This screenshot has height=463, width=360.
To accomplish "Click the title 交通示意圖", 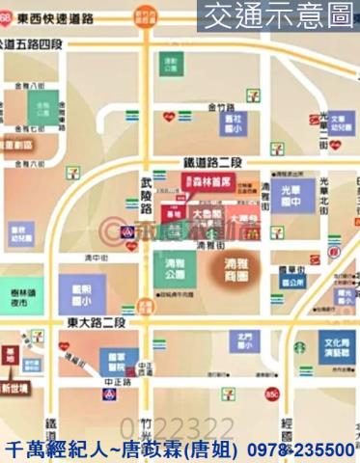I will [x=277, y=15].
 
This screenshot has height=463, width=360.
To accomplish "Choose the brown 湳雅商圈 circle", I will [x=233, y=266].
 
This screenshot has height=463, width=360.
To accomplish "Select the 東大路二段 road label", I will [x=98, y=321].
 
